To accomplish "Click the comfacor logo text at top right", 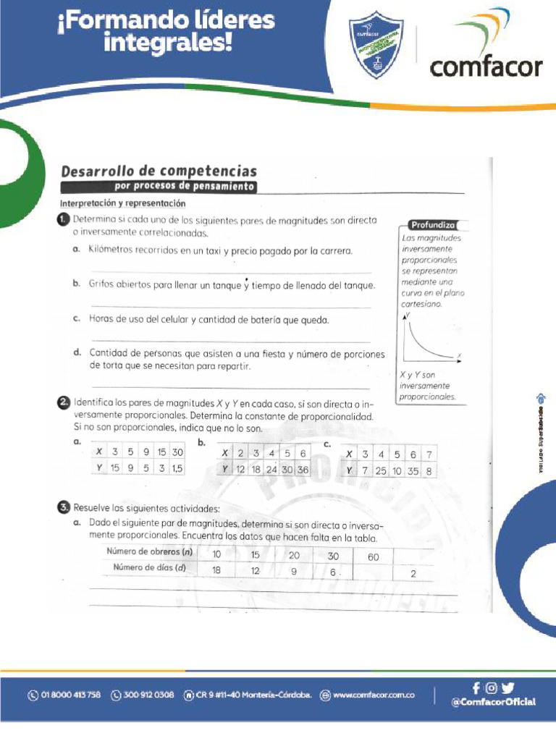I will tap(486, 67).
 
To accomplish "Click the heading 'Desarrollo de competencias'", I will tap(159, 172).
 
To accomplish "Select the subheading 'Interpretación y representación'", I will tap(123, 203).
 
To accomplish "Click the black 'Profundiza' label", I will tap(432, 224).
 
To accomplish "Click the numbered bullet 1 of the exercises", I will tap(64, 219).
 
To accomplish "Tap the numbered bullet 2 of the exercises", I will tap(64, 402).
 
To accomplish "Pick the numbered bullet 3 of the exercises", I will tap(64, 507).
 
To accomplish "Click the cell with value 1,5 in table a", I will tap(175, 468).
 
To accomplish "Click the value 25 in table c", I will tap(381, 470).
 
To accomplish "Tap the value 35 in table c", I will tap(413, 470).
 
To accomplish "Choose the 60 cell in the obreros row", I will tap(373, 556).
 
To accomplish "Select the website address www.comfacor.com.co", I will tap(374, 695).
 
